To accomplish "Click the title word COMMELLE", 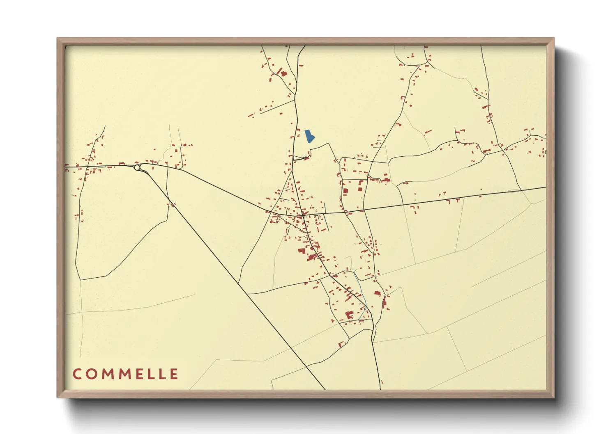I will pyautogui.click(x=125, y=374).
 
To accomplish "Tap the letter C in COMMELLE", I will pyautogui.click(x=77, y=374).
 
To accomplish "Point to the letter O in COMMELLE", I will pyautogui.click(x=91, y=374).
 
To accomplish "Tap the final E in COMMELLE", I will pyautogui.click(x=174, y=374).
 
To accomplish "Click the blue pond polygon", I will pyautogui.click(x=309, y=136).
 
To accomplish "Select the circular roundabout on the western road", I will pyautogui.click(x=137, y=167).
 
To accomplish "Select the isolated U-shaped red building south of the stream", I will pyautogui.click(x=341, y=344).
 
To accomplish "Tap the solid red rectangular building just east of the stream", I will pyautogui.click(x=377, y=293).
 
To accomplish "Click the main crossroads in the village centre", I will pyautogui.click(x=303, y=215).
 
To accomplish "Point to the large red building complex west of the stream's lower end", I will pyautogui.click(x=349, y=315).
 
